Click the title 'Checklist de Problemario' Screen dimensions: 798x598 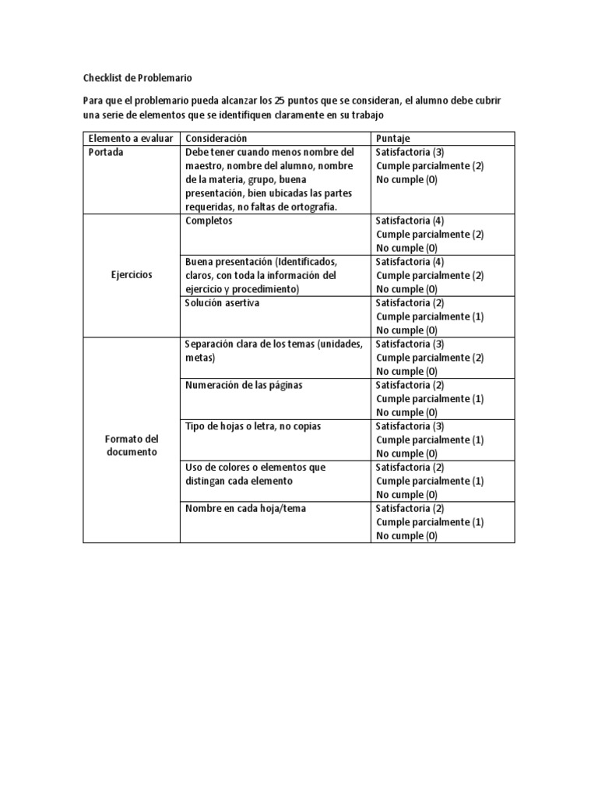pyautogui.click(x=137, y=78)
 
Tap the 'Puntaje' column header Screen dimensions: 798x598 pyautogui.click(x=394, y=138)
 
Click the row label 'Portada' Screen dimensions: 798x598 pyautogui.click(x=107, y=152)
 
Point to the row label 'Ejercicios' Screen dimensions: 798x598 pyautogui.click(x=132, y=275)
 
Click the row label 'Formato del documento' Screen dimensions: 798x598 pyautogui.click(x=132, y=446)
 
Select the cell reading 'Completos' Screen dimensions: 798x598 pyautogui.click(x=209, y=221)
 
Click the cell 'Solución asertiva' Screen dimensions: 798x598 pyautogui.click(x=223, y=303)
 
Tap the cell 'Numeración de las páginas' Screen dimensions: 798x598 pyautogui.click(x=244, y=385)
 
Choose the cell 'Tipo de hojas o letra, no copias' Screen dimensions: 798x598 pyautogui.click(x=253, y=426)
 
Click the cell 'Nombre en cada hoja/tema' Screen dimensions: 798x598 pyautogui.click(x=245, y=508)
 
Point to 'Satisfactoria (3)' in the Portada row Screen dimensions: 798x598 pyautogui.click(x=410, y=152)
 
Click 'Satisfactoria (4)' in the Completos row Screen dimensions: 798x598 pyautogui.click(x=410, y=221)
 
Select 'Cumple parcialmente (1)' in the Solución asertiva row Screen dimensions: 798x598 pyautogui.click(x=430, y=316)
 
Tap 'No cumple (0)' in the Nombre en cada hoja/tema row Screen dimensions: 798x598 pyautogui.click(x=406, y=536)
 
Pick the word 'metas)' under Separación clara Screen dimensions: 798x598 pyautogui.click(x=200, y=358)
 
